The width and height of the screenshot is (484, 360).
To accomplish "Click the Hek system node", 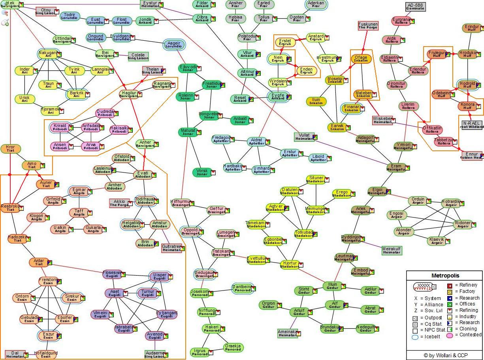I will click(x=10, y=4).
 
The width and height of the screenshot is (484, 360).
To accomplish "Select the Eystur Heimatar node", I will click(x=150, y=4).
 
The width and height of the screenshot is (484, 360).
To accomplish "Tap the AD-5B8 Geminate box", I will click(x=415, y=7).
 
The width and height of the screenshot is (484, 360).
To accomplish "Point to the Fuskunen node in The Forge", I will click(x=368, y=26).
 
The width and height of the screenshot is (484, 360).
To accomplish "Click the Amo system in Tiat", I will click(x=32, y=165).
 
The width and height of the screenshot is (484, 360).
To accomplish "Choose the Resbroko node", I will click(x=10, y=208).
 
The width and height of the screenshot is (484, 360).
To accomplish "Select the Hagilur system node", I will click(x=128, y=94).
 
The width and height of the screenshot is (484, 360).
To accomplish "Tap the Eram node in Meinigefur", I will click(x=396, y=168).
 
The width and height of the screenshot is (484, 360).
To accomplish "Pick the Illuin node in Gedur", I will click(x=333, y=286).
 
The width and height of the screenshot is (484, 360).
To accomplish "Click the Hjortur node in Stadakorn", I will click(x=290, y=264).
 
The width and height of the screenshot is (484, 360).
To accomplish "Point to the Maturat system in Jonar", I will click(x=188, y=132).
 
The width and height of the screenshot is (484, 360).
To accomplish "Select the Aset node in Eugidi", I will click(x=115, y=293).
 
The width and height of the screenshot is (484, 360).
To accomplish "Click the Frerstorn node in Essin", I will click(x=48, y=281).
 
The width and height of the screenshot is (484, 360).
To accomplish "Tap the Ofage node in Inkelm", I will click(x=361, y=59).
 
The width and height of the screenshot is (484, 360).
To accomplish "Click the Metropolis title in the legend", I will click(x=445, y=276).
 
